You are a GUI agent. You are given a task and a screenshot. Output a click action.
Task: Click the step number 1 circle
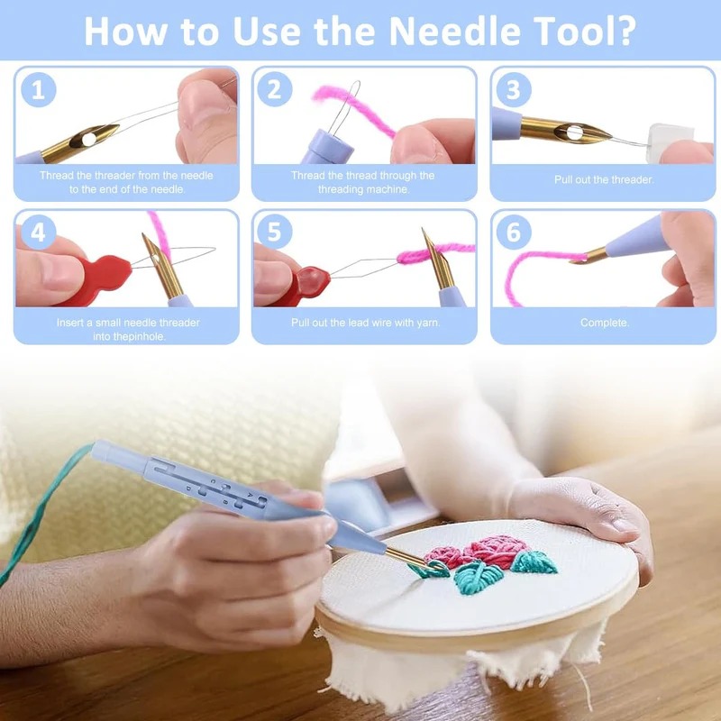point(39,89)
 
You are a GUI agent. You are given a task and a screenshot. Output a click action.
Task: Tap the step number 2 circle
point(275,89)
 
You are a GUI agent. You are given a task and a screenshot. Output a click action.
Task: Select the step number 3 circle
point(514,89)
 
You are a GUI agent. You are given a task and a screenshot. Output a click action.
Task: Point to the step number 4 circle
point(39,233)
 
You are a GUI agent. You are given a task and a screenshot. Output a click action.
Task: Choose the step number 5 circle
point(275,232)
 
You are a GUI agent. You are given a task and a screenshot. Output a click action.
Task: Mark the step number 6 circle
point(514,232)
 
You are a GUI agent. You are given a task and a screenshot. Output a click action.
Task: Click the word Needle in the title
point(454,31)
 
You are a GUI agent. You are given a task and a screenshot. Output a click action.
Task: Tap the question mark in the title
point(623,31)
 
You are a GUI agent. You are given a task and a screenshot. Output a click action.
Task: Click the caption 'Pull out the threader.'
point(604,179)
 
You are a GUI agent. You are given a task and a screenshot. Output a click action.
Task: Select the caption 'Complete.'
point(604,323)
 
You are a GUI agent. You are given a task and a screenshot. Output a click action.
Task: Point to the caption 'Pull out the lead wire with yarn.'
point(366,323)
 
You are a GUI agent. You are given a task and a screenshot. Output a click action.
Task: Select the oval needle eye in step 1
point(88,139)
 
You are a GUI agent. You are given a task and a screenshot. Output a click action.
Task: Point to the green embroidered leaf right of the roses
point(534,562)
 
